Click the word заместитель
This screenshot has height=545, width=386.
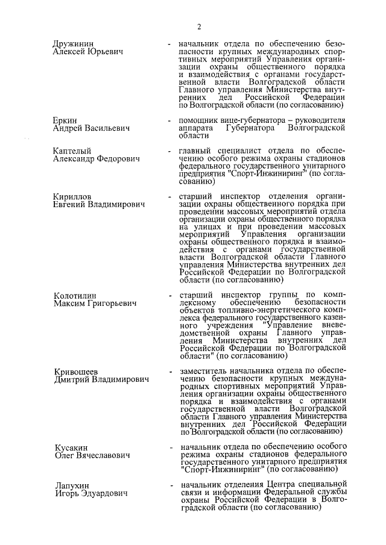coord(205,371)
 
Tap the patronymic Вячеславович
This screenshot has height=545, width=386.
coord(103,456)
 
